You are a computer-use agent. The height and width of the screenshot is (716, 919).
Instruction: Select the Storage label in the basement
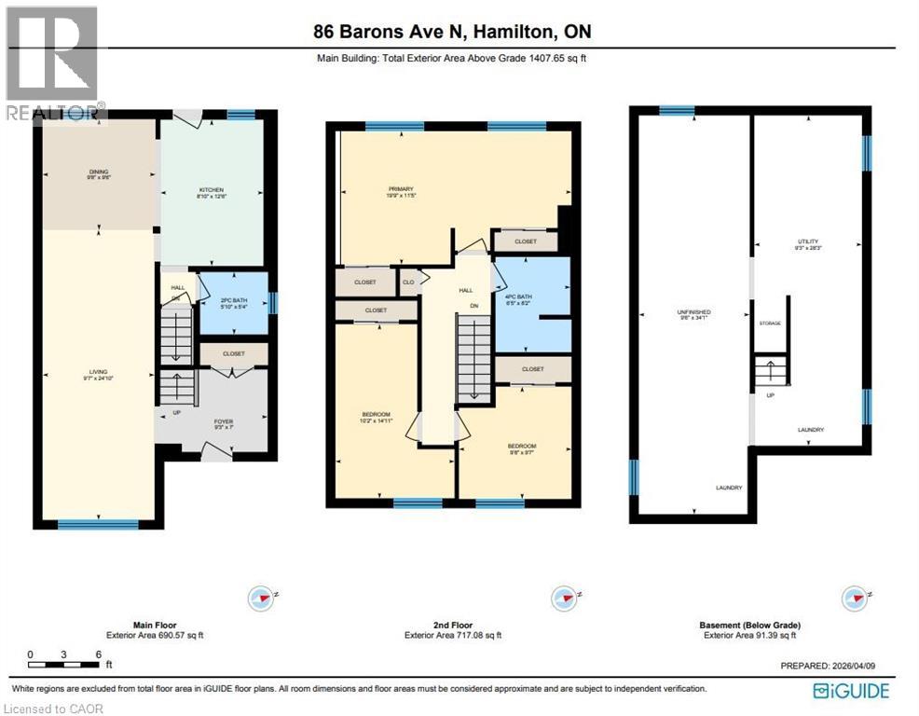coord(770,323)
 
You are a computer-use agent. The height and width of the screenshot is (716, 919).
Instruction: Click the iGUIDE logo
coord(851,691)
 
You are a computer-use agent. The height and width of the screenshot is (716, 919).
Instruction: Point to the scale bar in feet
coord(64,658)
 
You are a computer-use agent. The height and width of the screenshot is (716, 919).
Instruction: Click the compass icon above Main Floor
coord(263,597)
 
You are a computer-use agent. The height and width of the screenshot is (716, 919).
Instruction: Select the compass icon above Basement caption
coord(854,597)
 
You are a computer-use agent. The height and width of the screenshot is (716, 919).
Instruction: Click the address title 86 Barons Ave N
coord(452,32)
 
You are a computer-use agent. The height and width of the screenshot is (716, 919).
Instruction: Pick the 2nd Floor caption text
coord(452,625)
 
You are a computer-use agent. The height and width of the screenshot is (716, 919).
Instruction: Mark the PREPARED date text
coord(833,666)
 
